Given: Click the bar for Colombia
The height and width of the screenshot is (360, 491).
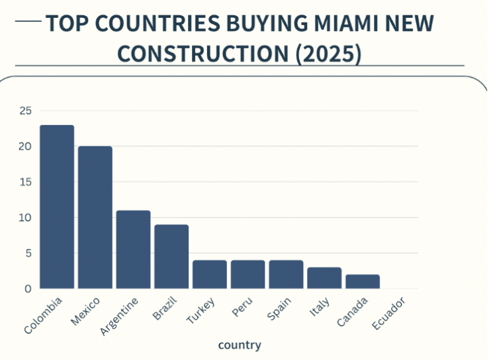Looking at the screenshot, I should pos(57,207).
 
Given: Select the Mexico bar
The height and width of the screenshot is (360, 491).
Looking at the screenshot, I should pos(95,218).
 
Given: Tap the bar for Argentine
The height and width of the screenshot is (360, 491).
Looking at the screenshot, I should pos(134,249).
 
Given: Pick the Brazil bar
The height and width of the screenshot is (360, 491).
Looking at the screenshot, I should pos(172,257).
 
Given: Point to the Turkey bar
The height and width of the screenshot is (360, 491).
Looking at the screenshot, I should pos(210,275).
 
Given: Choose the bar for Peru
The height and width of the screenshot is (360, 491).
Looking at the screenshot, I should pos(248,275).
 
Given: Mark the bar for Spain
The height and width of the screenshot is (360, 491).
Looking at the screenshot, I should pos(286,275).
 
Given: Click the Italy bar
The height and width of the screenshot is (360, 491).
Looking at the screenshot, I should pos(324,278).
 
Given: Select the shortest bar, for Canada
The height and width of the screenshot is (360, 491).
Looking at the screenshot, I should pos(363,282).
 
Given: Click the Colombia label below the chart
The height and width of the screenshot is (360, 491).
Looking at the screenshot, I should pos(44,315).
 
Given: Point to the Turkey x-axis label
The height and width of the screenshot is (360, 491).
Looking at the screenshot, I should pos(201,310).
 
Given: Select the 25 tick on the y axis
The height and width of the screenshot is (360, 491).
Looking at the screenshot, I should pos(25,111).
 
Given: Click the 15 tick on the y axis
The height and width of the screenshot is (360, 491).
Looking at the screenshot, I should pos(25,182).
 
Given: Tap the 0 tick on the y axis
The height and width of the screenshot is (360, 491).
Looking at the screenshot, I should pos(28,289).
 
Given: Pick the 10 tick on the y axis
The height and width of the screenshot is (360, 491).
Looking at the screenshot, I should pos(25,218).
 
